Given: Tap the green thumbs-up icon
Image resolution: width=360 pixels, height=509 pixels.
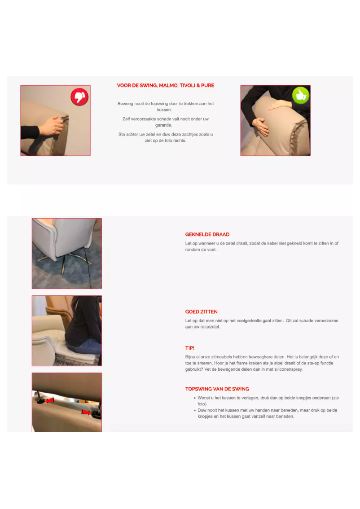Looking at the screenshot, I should [301, 95].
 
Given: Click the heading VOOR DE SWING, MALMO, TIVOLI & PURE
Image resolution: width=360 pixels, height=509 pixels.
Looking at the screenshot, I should [166, 85].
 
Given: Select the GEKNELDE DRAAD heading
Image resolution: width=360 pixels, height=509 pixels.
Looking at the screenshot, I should [207, 234].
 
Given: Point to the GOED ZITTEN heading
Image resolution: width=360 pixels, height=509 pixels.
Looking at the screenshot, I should [202, 312].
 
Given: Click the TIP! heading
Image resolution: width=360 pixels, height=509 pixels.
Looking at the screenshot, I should [190, 348].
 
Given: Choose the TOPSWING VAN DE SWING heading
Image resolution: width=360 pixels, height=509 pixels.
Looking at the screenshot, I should [217, 389].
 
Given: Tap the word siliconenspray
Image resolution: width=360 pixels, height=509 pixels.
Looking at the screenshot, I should [287, 369].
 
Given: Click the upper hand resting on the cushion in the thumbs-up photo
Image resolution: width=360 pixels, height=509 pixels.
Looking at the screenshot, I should [279, 105].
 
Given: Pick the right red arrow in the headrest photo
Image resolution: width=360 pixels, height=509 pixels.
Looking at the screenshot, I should [86, 412].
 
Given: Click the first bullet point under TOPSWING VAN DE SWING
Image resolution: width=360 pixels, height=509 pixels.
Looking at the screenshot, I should [194, 398].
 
